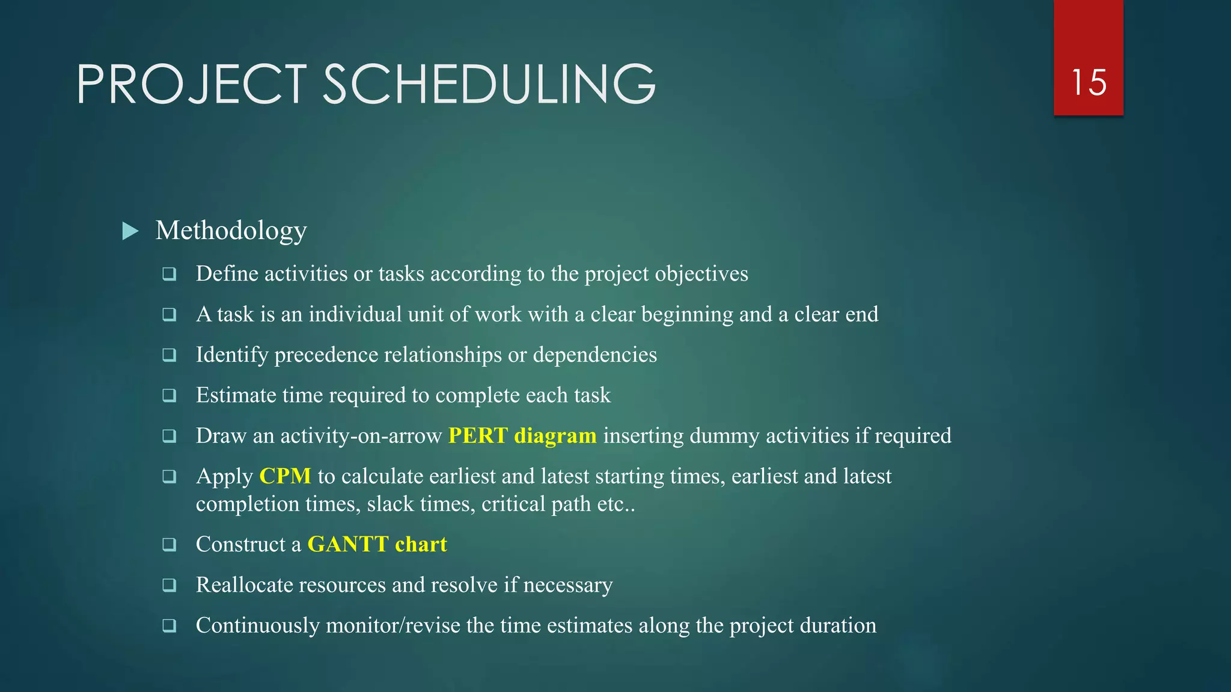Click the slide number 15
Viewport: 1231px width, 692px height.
[x=1088, y=82]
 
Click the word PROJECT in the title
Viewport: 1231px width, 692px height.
[x=191, y=85]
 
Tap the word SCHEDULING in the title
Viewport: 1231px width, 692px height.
[x=489, y=85]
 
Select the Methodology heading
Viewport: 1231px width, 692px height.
[x=231, y=231]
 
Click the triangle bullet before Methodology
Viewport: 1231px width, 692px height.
[x=130, y=231]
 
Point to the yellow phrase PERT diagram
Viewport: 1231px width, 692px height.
[x=522, y=436]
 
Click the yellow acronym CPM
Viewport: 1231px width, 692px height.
[x=285, y=476]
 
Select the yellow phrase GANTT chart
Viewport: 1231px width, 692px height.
[x=377, y=544]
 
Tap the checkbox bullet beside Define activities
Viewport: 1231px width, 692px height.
[x=170, y=275]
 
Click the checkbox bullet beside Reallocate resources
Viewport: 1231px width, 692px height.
[x=170, y=585]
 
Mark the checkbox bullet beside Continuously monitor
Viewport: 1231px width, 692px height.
[x=170, y=626]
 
